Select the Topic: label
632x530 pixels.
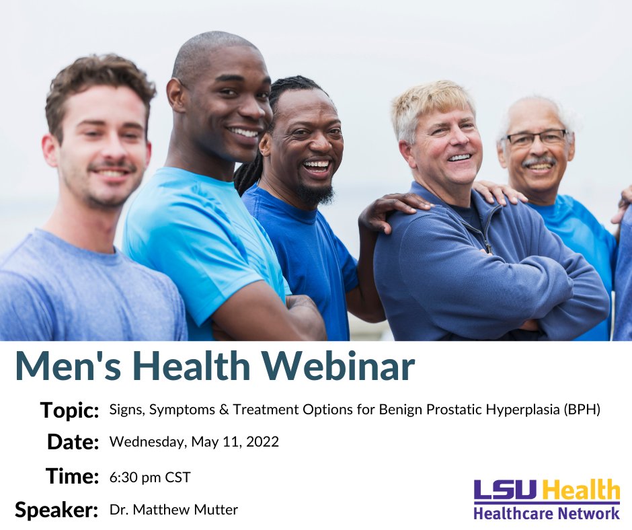(x=69, y=410)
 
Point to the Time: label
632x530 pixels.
(x=73, y=476)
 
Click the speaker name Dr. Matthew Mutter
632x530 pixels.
(x=173, y=510)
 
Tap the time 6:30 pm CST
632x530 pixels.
(x=150, y=478)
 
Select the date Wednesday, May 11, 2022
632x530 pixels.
(x=194, y=442)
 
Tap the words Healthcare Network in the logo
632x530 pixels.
(x=546, y=513)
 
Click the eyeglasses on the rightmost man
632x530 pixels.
(x=536, y=139)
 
